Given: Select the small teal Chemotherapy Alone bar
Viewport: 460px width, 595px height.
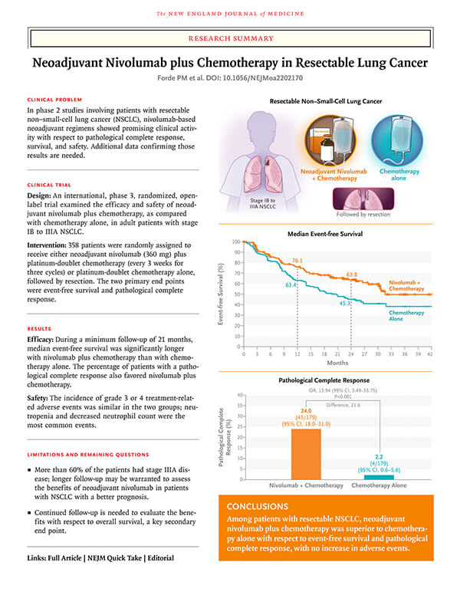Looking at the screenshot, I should pyautogui.click(x=379, y=477).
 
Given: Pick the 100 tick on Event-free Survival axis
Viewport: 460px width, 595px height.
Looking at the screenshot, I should pyautogui.click(x=235, y=242).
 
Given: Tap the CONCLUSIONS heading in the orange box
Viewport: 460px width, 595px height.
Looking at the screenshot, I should pyautogui.click(x=263, y=507).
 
